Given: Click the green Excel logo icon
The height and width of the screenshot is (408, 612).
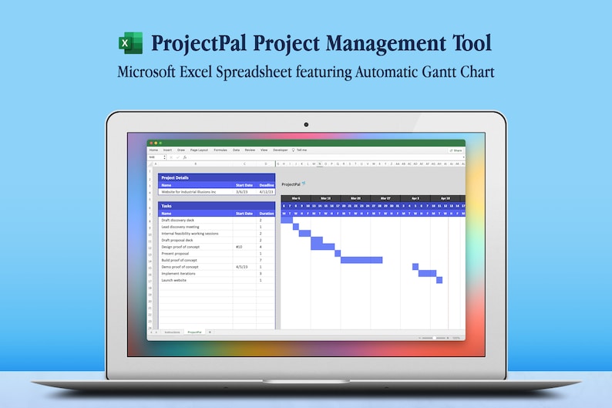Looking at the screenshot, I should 130,43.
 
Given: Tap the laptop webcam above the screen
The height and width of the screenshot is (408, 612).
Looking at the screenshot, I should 306,123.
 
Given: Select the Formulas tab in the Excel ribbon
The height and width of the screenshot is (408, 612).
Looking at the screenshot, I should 220,150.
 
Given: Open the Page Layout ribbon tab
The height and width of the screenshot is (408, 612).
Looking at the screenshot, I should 199,150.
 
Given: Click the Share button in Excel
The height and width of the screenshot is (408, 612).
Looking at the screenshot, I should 456,150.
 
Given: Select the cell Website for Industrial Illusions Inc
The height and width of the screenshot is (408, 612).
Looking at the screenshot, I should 189,191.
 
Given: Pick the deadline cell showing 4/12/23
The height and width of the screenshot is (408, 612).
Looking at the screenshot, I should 267,191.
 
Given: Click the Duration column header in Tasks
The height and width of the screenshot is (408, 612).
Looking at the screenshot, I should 266,213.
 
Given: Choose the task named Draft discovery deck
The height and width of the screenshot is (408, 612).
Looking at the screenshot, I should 178,220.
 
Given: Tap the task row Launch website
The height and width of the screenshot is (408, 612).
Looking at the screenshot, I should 173,280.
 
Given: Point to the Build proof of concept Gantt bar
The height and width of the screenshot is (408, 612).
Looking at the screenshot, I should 361,260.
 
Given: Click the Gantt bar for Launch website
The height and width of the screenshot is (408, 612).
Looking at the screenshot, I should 439,280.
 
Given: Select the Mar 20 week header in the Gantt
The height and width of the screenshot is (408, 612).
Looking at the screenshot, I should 355,198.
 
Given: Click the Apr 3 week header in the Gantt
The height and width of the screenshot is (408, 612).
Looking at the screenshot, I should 415,198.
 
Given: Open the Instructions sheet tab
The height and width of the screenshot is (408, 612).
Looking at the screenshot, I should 172,332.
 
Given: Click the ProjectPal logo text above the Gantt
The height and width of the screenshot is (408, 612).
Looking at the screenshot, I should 291,184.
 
